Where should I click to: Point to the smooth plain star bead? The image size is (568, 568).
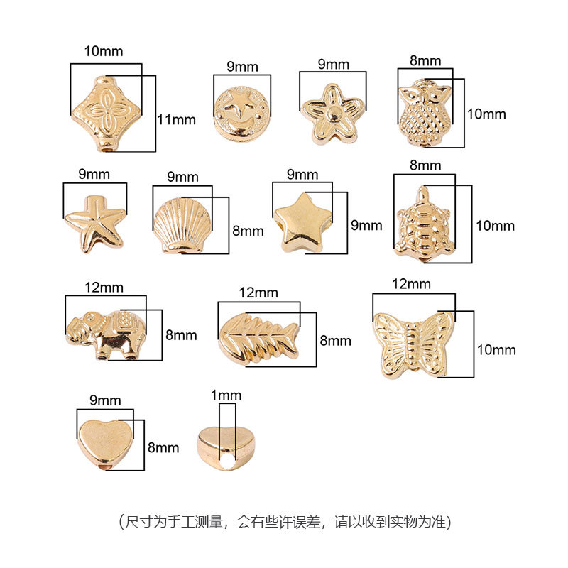tap(301, 221)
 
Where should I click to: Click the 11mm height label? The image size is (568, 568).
tap(175, 119)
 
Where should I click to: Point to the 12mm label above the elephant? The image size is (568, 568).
tap(104, 288)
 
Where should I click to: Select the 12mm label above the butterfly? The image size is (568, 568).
tap(411, 284)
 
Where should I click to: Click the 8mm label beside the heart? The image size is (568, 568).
tap(163, 447)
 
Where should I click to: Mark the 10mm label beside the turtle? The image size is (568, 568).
tap(495, 226)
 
